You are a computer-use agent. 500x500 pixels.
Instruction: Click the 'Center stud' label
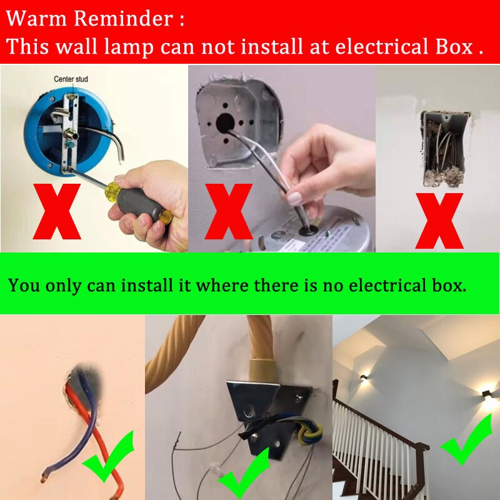tap(71, 79)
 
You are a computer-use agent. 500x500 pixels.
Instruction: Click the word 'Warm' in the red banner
tap(36, 19)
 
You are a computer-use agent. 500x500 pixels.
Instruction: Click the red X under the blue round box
tap(57, 211)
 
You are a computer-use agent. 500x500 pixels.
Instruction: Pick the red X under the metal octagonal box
tap(229, 211)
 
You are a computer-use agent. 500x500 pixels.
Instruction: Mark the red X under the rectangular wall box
tap(439, 221)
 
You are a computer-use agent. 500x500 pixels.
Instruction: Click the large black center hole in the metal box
tap(225, 123)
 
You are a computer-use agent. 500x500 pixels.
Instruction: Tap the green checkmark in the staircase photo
tap(466, 439)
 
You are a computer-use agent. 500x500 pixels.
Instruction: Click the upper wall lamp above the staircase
tap(364, 378)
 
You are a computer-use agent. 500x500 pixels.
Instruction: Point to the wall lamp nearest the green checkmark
tap(486, 395)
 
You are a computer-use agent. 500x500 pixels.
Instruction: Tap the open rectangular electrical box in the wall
tap(446, 148)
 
